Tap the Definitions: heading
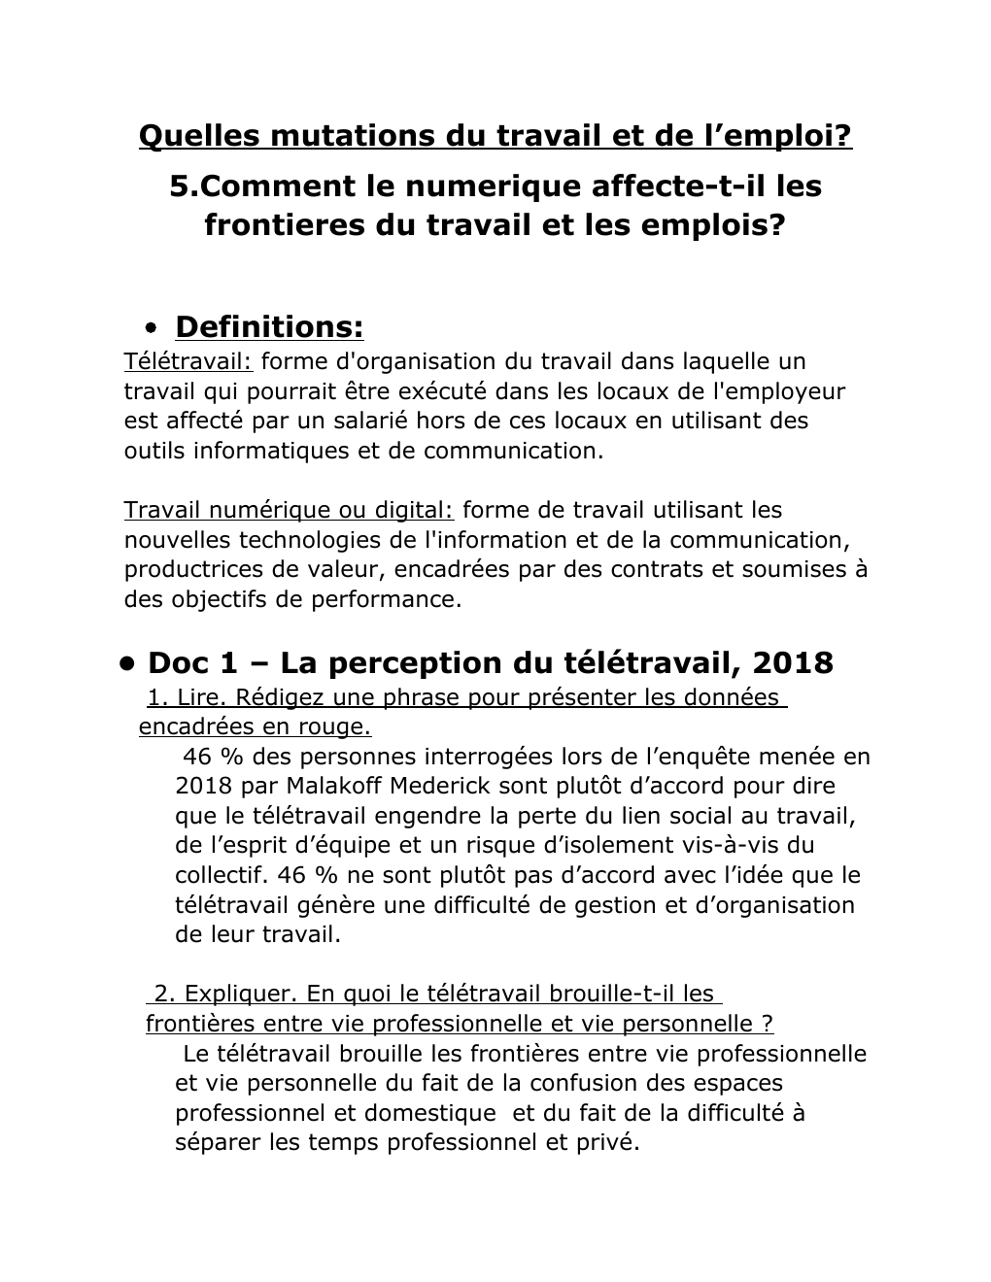(269, 327)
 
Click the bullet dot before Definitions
(150, 328)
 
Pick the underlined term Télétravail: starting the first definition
(188, 361)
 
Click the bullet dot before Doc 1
(126, 663)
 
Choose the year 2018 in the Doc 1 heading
(793, 663)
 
